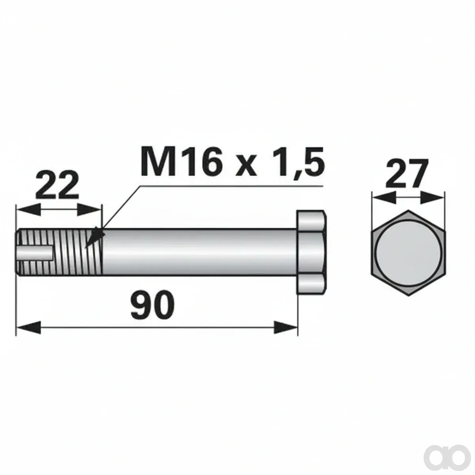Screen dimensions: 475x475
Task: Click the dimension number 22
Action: (57, 186)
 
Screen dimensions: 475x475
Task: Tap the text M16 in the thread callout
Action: (180, 161)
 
